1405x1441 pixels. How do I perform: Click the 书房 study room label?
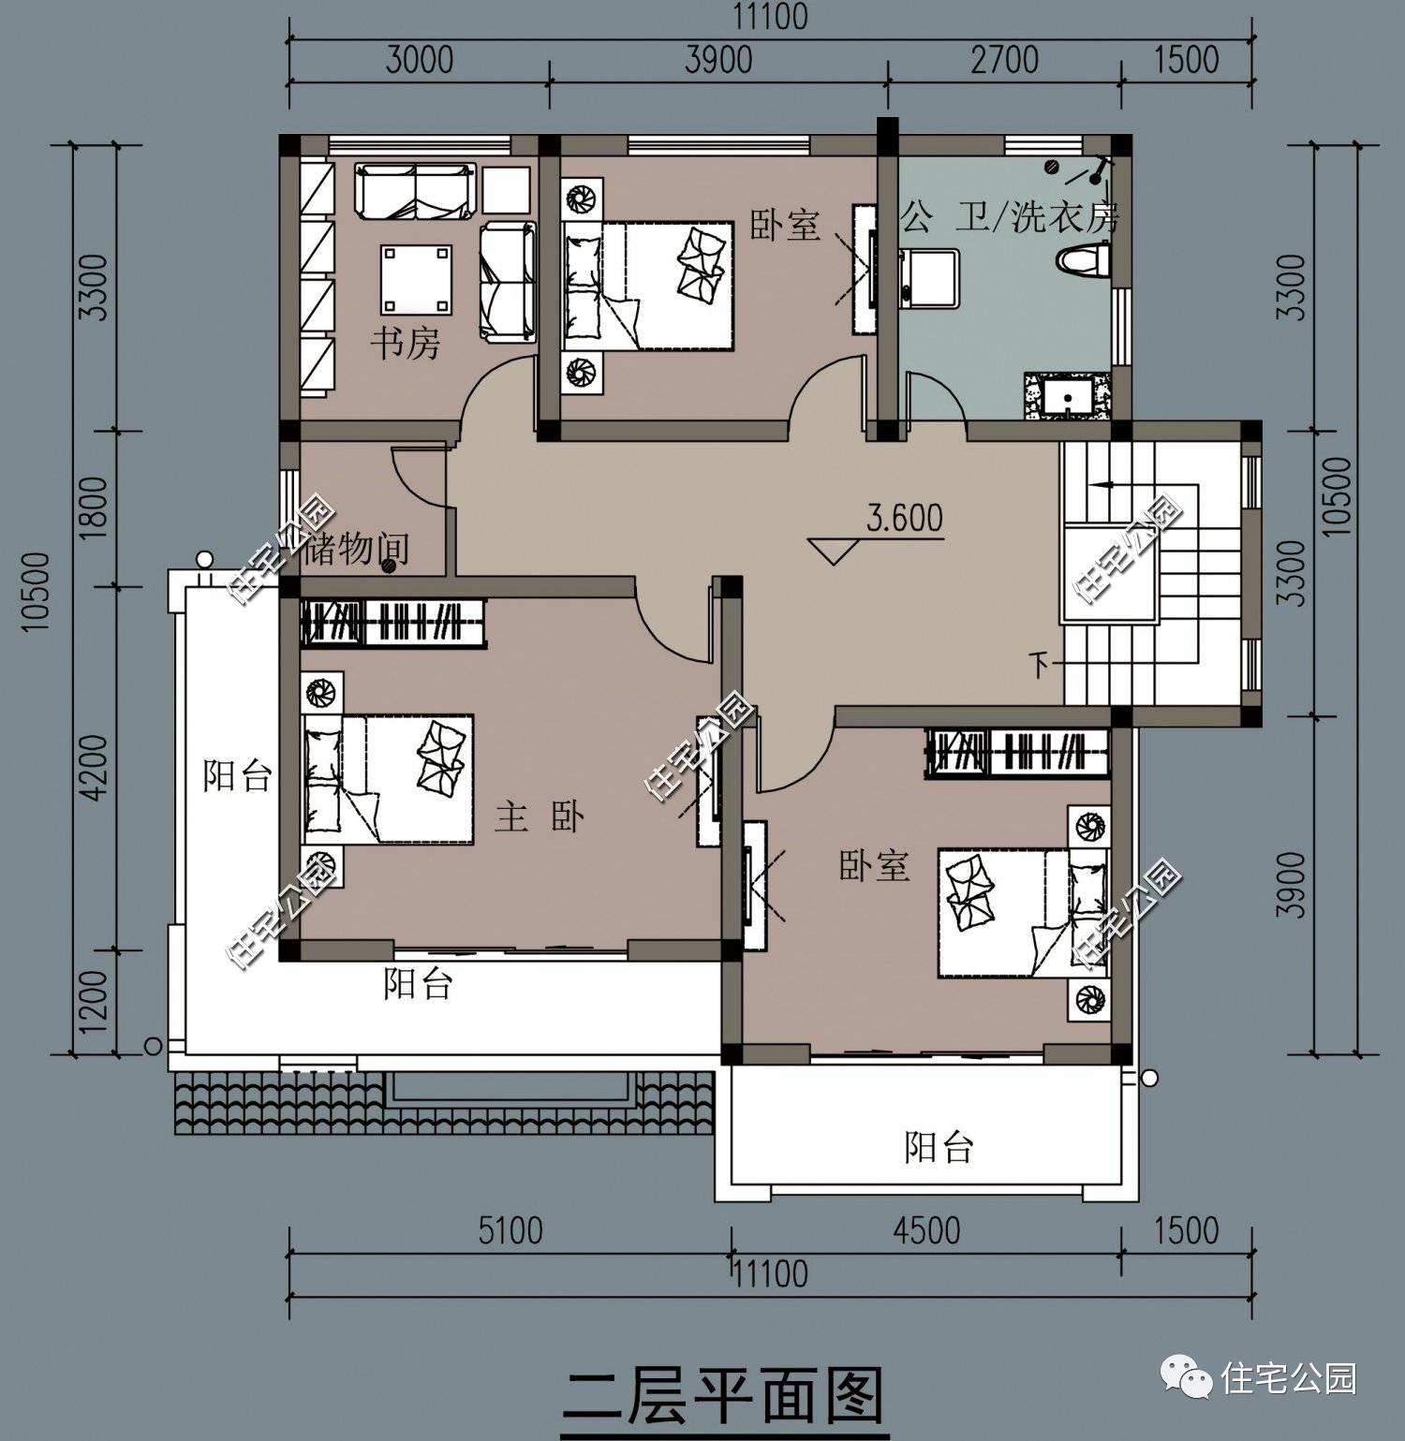pos(405,344)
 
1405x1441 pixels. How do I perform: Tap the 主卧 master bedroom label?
pos(540,817)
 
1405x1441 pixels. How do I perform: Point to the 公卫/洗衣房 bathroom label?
pos(1010,218)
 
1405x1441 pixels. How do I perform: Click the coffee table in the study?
pos(416,279)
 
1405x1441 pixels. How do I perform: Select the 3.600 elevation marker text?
pos(904,518)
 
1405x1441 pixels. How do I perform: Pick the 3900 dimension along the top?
pos(718,60)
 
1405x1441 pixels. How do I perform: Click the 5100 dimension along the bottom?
pos(510,1229)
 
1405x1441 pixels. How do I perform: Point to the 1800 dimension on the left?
pos(94,508)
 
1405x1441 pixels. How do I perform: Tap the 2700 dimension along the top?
pos(1004,60)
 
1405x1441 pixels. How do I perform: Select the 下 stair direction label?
pos(1039,666)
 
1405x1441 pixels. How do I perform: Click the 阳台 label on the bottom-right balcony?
pos(939,1147)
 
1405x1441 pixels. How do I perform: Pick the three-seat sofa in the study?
pos(413,191)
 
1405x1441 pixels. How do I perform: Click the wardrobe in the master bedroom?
pos(394,622)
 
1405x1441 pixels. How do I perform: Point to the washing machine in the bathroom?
pos(928,278)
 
